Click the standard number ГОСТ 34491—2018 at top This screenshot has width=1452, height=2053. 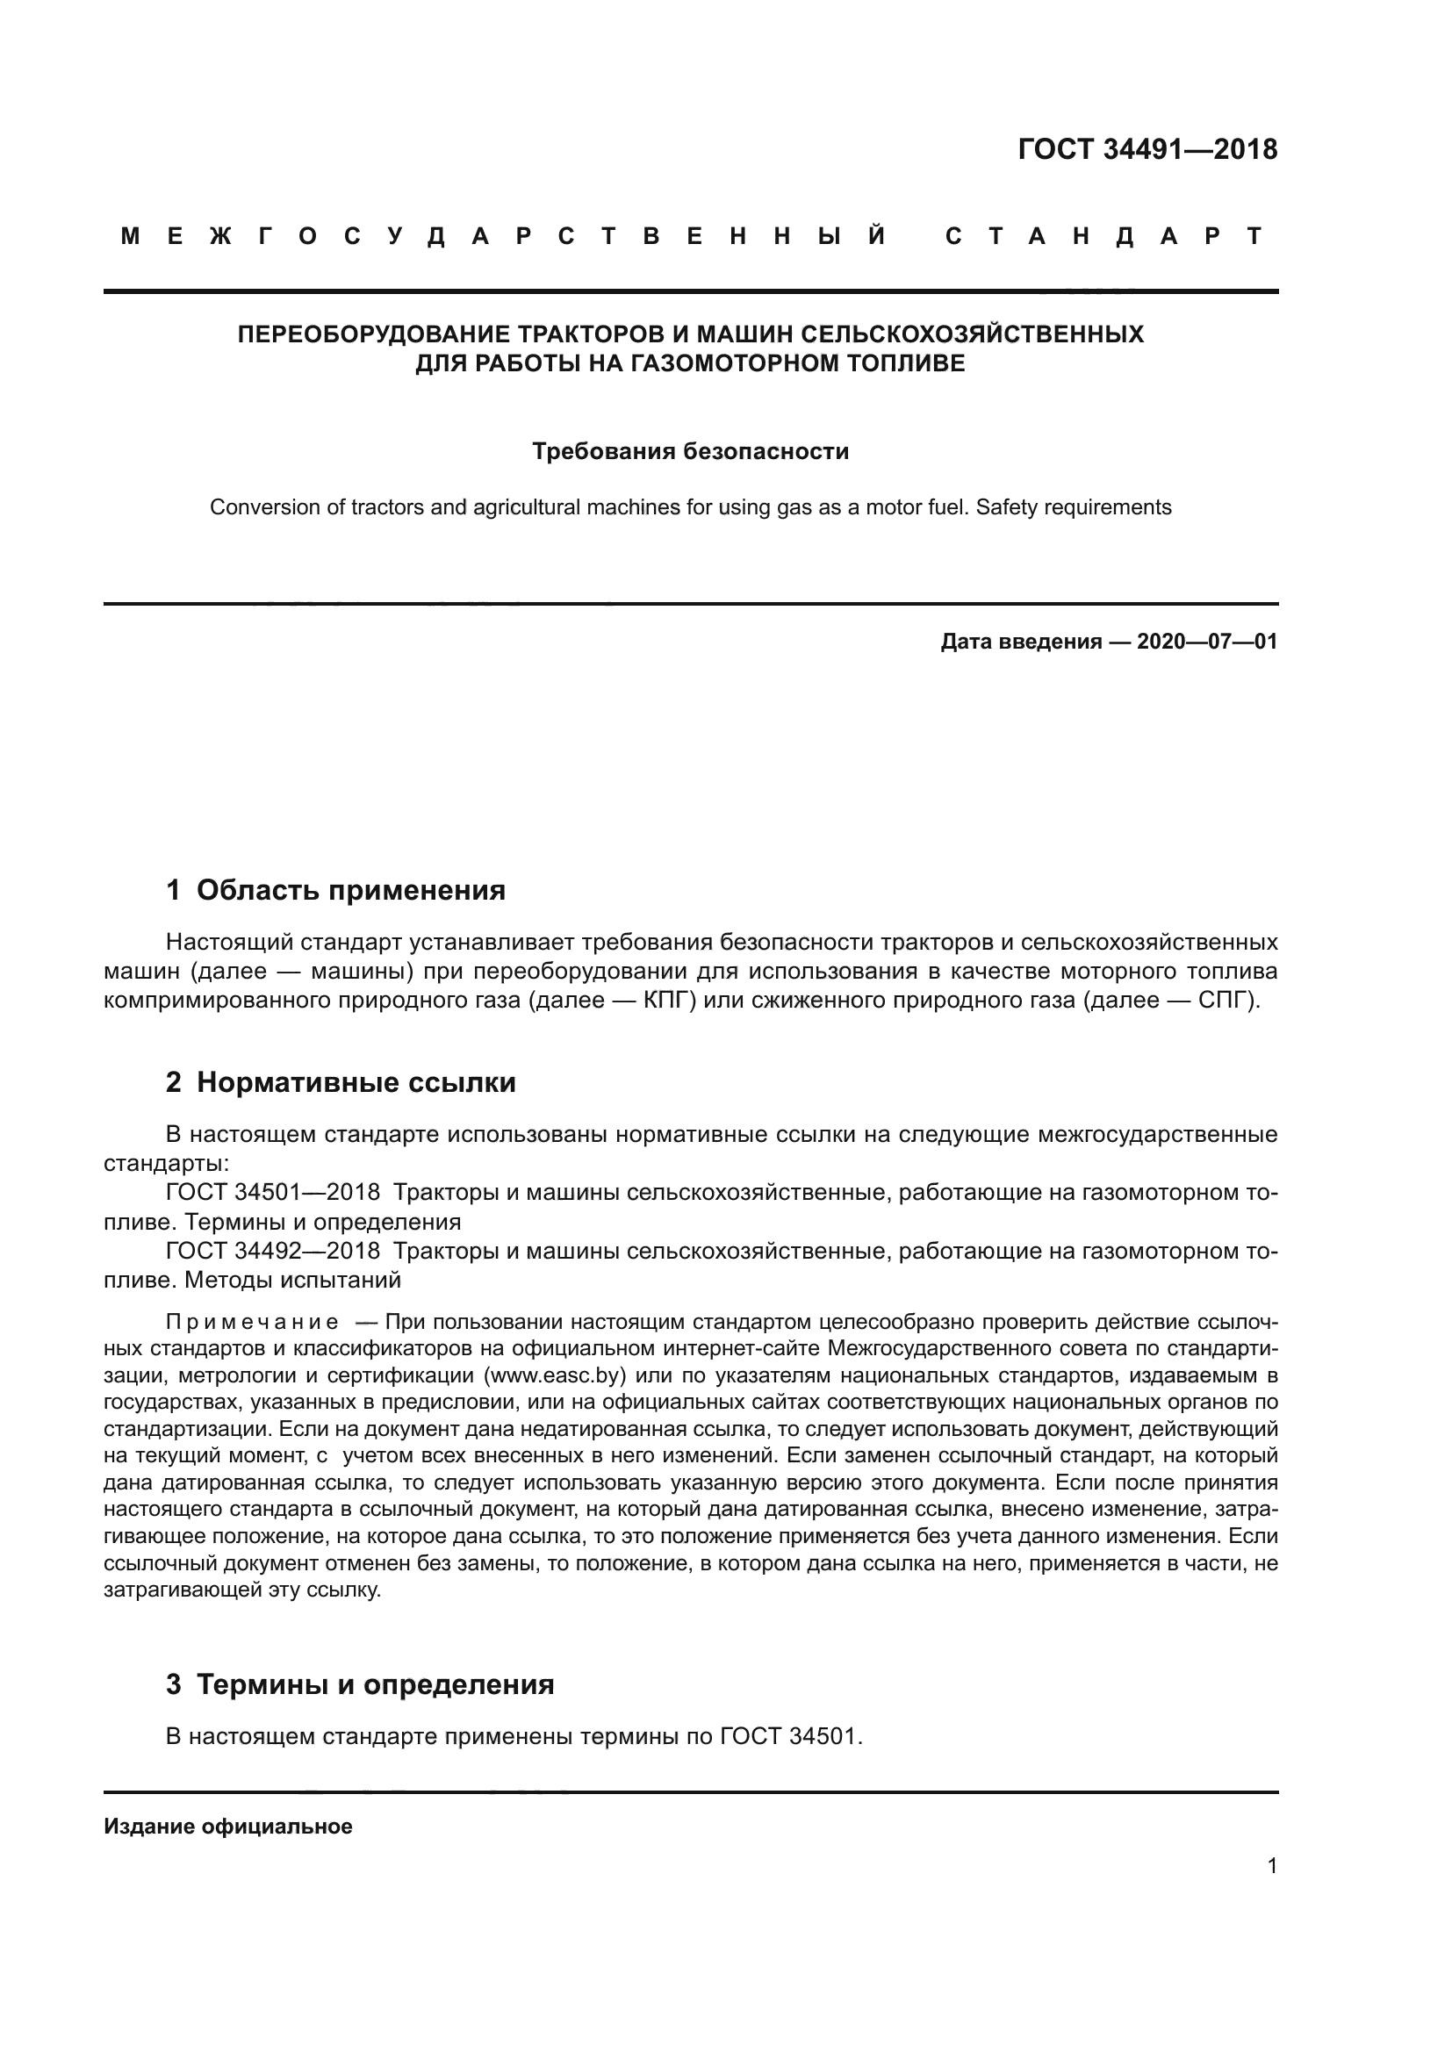tap(1147, 149)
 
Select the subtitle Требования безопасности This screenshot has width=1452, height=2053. tap(690, 451)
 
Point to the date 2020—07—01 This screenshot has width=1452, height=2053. tap(1206, 642)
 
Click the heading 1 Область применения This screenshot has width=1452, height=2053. tap(335, 891)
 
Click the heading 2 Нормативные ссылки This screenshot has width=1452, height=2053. tap(341, 1083)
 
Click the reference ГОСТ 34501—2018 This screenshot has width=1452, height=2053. tap(273, 1193)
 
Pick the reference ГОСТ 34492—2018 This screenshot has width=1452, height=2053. tap(273, 1251)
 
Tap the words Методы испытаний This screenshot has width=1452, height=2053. tap(292, 1281)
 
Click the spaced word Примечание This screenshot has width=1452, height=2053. tap(252, 1323)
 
